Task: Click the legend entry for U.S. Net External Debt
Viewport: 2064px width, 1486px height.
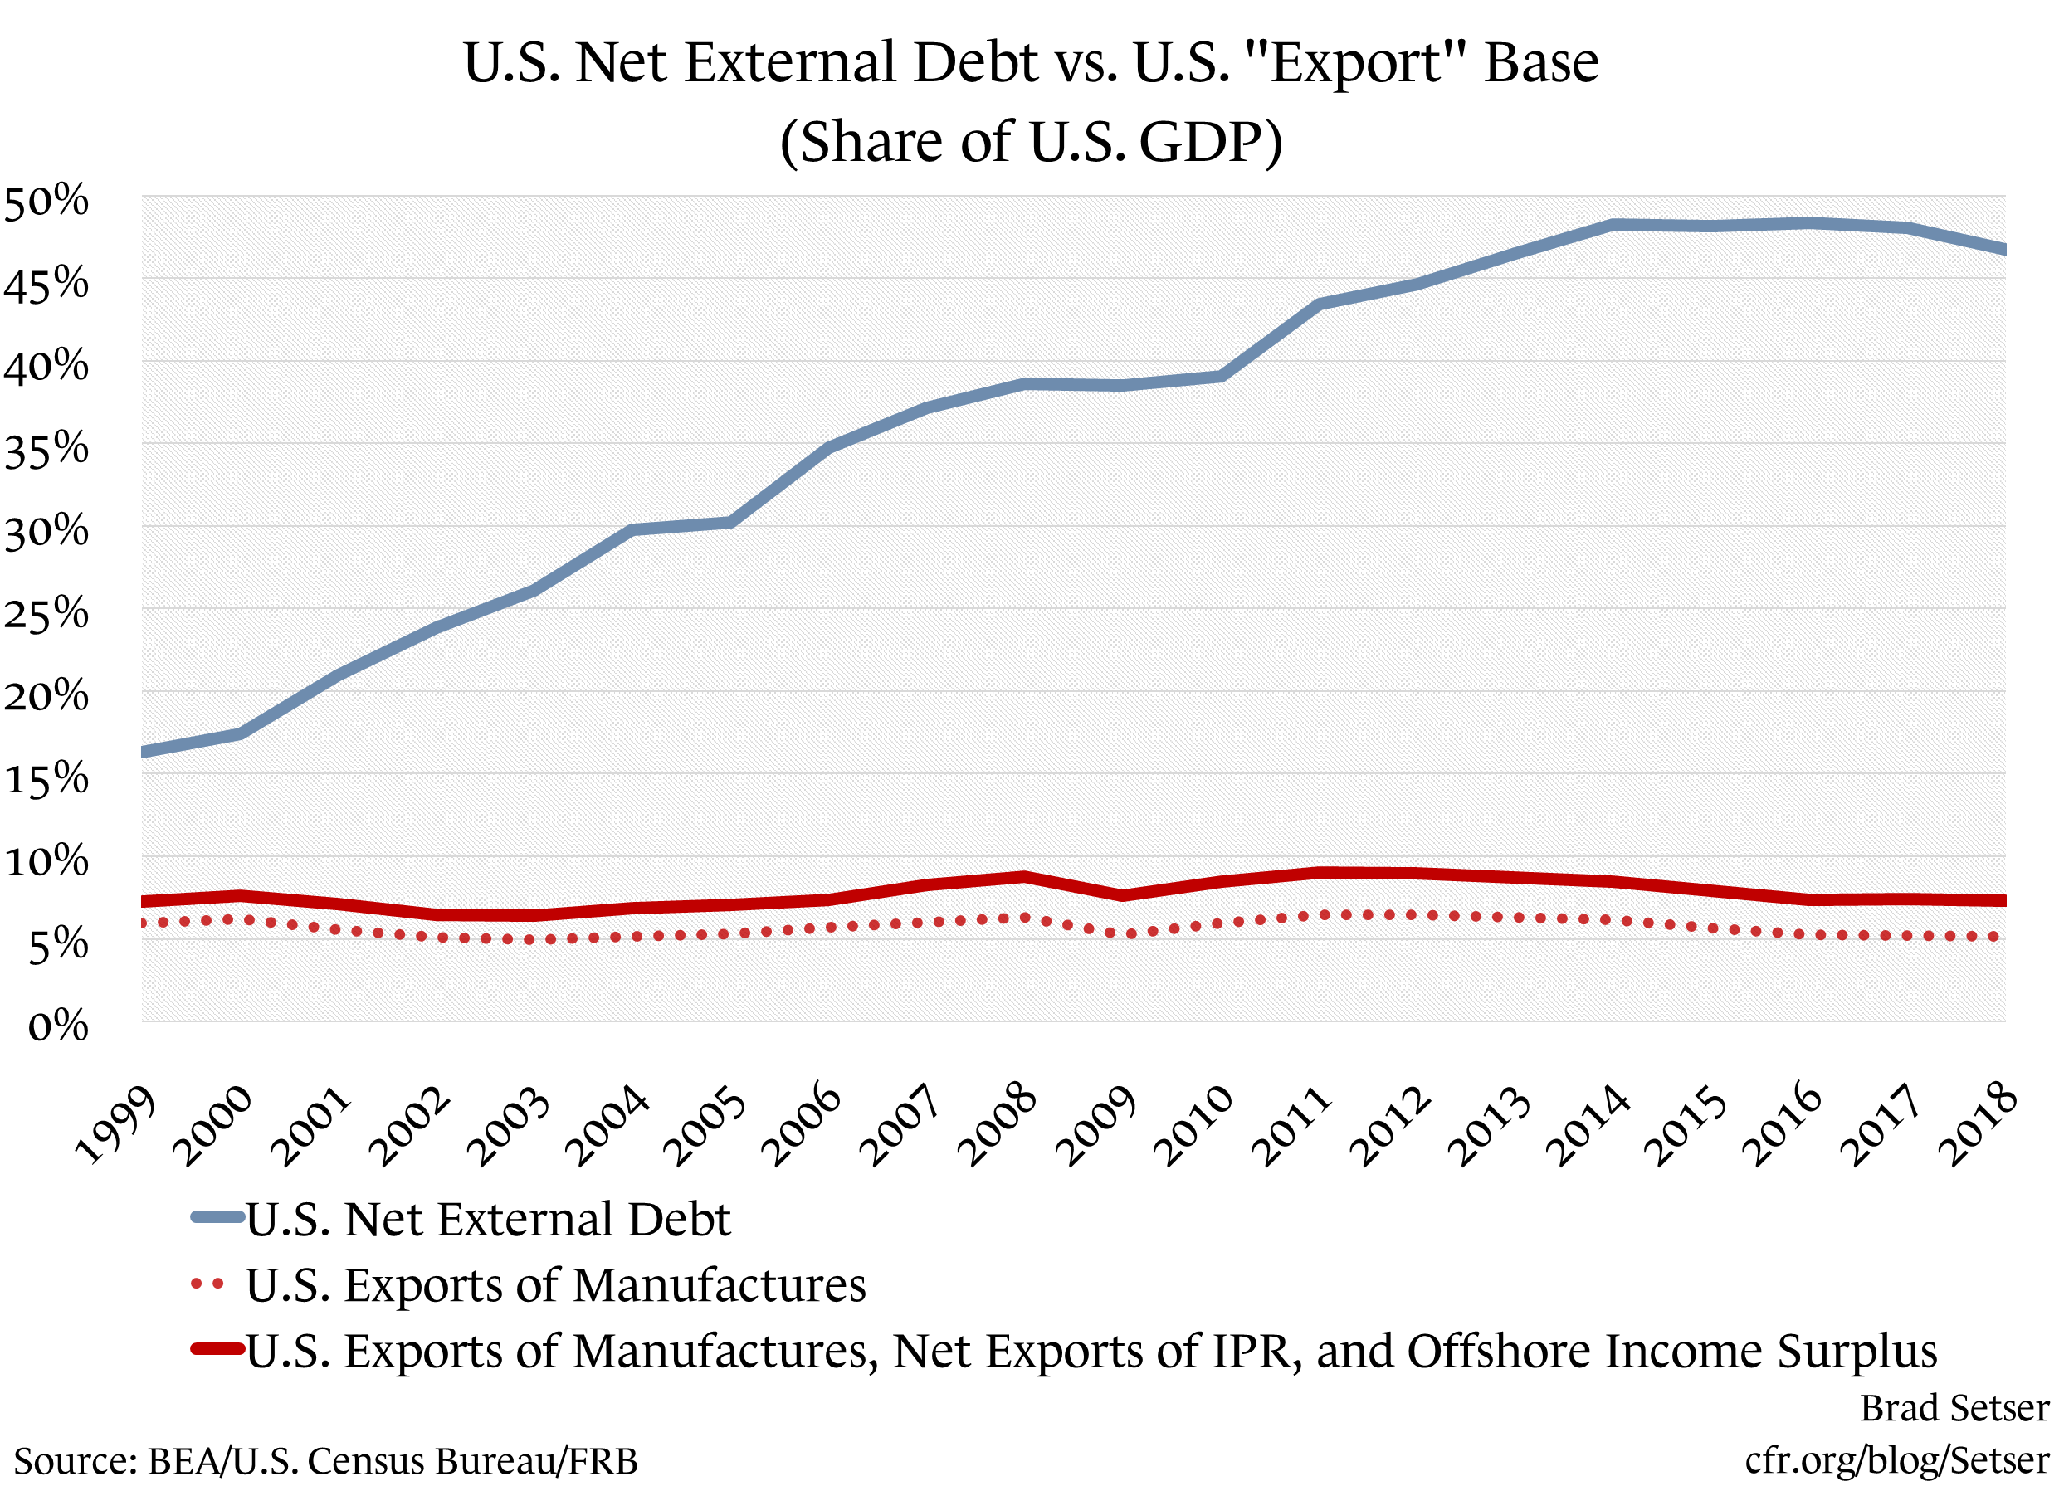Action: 488,1220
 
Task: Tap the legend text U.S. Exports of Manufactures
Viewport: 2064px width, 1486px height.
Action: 555,1285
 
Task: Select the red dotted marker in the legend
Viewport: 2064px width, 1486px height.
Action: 207,1285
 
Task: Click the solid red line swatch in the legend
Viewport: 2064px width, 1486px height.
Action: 217,1349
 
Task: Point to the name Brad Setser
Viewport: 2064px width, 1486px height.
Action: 1954,1408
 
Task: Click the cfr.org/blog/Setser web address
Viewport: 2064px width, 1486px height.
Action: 1896,1459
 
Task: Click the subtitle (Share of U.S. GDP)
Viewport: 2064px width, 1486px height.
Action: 1031,142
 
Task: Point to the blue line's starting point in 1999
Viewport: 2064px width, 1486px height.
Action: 144,752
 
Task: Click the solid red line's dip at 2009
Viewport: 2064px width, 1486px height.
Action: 1123,895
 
